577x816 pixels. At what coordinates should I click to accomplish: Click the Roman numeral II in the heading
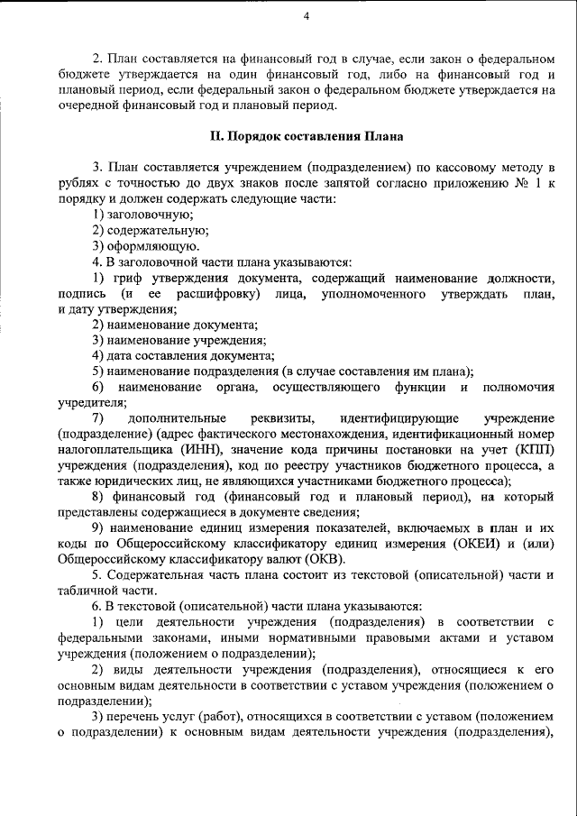(215, 137)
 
